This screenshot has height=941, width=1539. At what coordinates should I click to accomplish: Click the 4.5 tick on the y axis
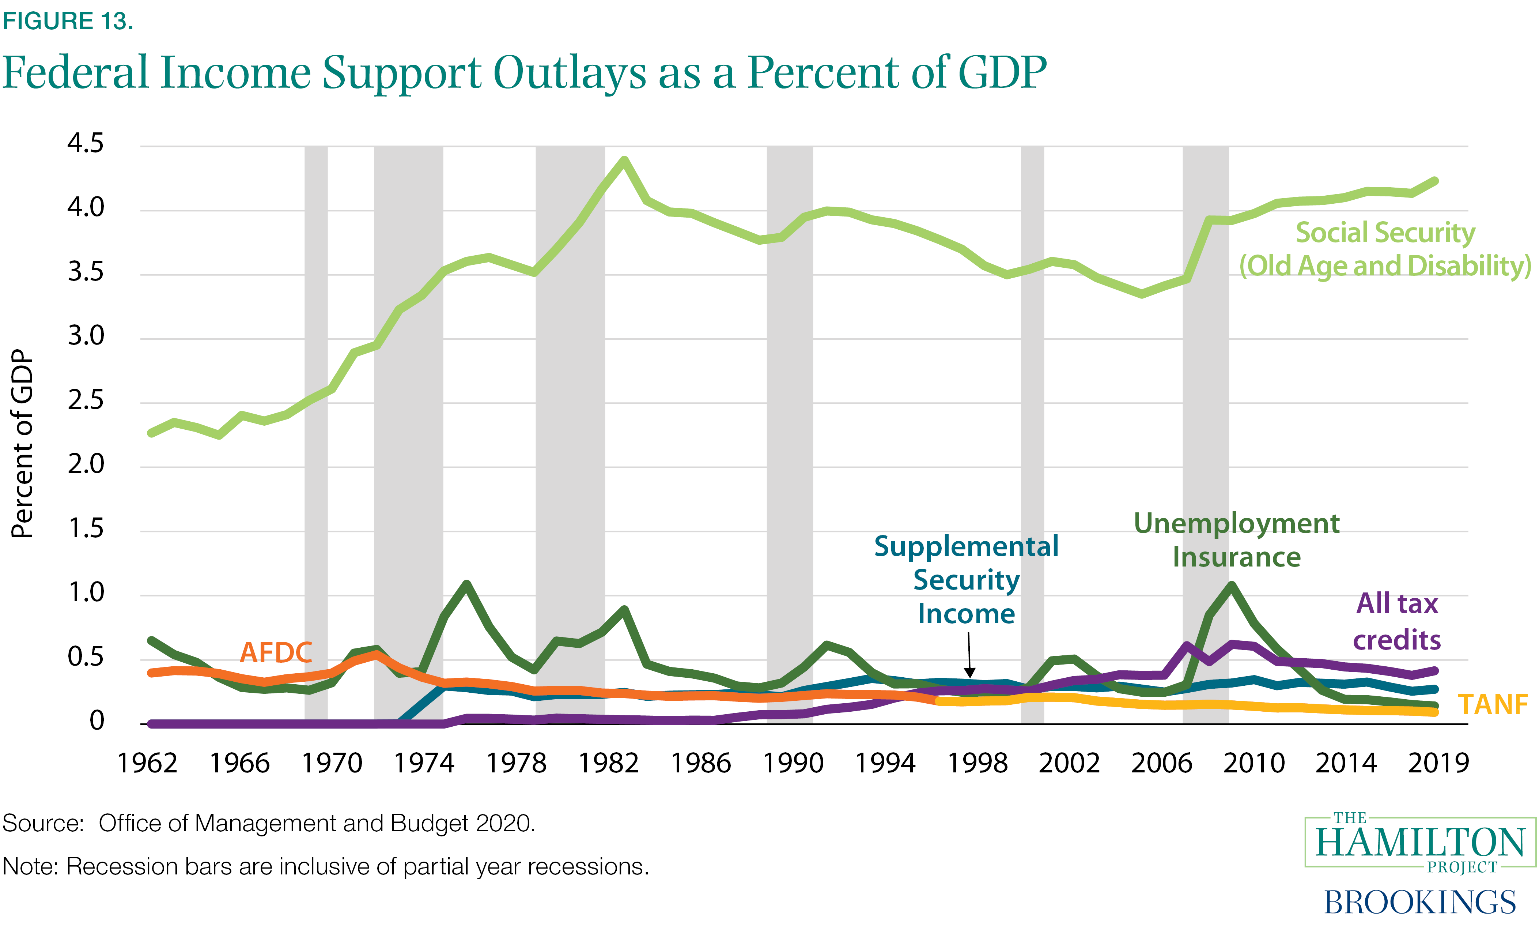click(x=86, y=144)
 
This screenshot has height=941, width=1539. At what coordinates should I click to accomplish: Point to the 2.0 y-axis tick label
click(x=86, y=464)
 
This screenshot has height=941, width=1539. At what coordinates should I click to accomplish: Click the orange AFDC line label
click(x=275, y=653)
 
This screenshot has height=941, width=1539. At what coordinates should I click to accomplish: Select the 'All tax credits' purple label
click(x=1397, y=622)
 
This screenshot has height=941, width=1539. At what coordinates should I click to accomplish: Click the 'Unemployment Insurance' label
click(x=1236, y=540)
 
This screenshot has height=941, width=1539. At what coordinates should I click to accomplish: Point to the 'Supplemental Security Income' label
click(x=966, y=580)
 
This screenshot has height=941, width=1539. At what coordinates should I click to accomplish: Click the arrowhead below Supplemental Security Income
click(x=969, y=673)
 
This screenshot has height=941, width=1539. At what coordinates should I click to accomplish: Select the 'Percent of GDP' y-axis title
click(x=23, y=444)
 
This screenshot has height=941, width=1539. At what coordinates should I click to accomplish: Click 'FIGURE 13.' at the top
click(x=68, y=21)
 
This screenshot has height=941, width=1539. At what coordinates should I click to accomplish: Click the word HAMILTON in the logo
click(x=1420, y=843)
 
